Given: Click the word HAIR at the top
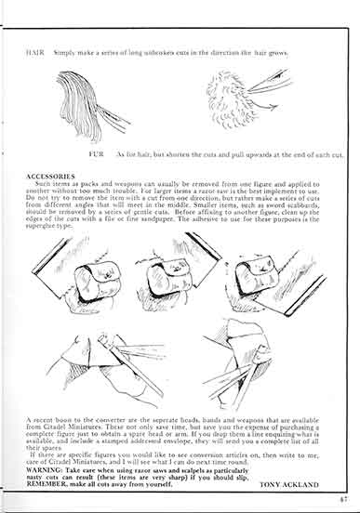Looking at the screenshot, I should click(34, 52).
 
